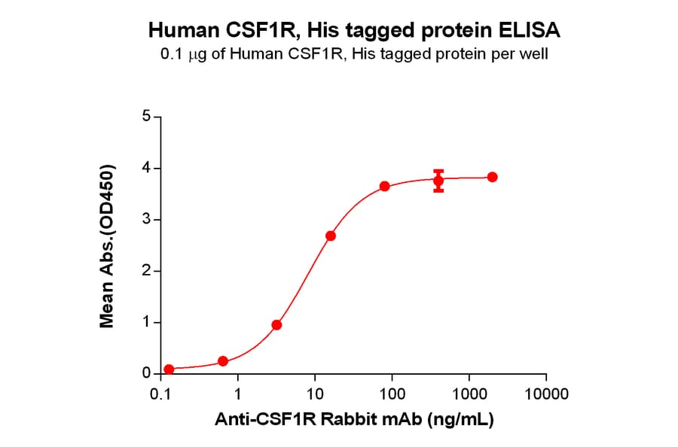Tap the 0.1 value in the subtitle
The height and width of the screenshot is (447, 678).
pos(169,55)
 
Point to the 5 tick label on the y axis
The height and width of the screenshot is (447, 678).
pos(146,117)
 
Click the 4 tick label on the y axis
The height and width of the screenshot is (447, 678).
pos(146,169)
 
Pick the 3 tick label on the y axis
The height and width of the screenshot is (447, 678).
pos(146,220)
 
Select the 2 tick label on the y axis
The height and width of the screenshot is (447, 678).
pos(146,271)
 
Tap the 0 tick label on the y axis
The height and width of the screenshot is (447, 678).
pos(146,374)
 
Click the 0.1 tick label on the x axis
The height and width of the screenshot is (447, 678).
pos(160,394)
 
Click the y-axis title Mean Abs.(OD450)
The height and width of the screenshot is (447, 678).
pos(107,245)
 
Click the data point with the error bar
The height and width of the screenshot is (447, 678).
pos(438,180)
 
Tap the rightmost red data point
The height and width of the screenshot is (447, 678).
pos(492,177)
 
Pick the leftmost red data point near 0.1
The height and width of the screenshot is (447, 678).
pos(169,369)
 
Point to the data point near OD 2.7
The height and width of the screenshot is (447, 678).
pos(331,236)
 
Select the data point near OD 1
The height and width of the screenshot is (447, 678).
pos(276,325)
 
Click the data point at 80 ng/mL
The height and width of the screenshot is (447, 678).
pos(384,186)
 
